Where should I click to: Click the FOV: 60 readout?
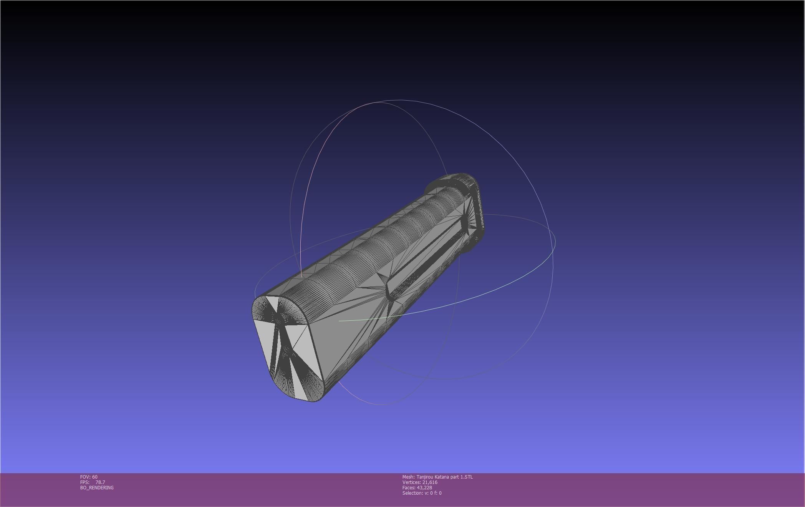pyautogui.click(x=89, y=477)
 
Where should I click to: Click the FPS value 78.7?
pyautogui.click(x=100, y=482)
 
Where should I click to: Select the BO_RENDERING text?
pyautogui.click(x=97, y=487)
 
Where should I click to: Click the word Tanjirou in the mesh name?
pyautogui.click(x=425, y=477)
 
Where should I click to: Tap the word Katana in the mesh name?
pyautogui.click(x=442, y=477)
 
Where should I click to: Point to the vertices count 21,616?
pyautogui.click(x=430, y=482)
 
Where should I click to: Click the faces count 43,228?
pyautogui.click(x=424, y=487)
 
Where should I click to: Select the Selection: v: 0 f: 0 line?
pyautogui.click(x=422, y=493)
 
